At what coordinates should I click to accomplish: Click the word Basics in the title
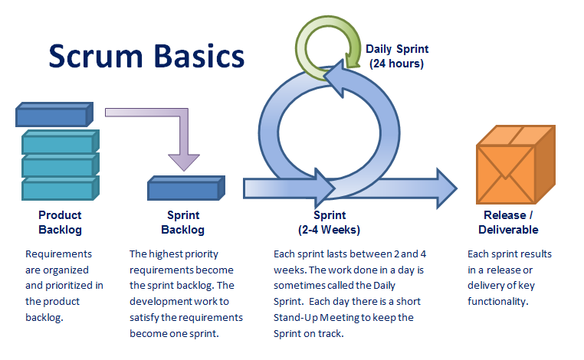click(195, 56)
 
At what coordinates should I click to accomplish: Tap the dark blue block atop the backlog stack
click(53, 116)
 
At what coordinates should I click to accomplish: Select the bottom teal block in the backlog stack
click(58, 188)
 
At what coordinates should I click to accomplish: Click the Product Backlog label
click(60, 222)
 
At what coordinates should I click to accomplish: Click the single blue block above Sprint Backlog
click(184, 188)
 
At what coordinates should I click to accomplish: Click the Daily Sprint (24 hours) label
click(396, 57)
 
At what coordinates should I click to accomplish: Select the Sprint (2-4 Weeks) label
click(329, 222)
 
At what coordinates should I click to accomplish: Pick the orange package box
click(514, 164)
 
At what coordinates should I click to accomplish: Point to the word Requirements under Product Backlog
click(59, 254)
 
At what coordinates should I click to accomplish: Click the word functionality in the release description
click(497, 302)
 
